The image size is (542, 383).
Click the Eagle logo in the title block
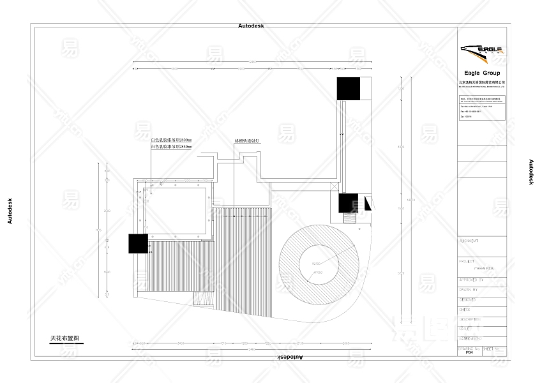click(x=482, y=50)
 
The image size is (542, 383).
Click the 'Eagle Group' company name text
click(x=482, y=73)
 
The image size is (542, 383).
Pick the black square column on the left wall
click(x=138, y=244)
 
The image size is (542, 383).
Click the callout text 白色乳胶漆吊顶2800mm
click(x=171, y=140)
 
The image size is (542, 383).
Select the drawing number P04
click(x=469, y=352)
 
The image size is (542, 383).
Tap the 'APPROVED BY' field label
click(x=471, y=280)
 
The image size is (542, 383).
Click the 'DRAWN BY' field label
click(x=469, y=289)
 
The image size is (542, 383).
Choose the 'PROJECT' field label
click(x=467, y=261)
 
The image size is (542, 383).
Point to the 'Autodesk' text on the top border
click(x=251, y=26)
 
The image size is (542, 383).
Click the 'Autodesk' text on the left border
click(x=9, y=211)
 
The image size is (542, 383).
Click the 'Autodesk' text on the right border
click(x=531, y=172)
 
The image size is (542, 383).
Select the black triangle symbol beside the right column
click(x=368, y=204)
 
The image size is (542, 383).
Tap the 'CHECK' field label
click(x=465, y=309)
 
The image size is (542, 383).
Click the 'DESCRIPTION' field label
click(x=470, y=319)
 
